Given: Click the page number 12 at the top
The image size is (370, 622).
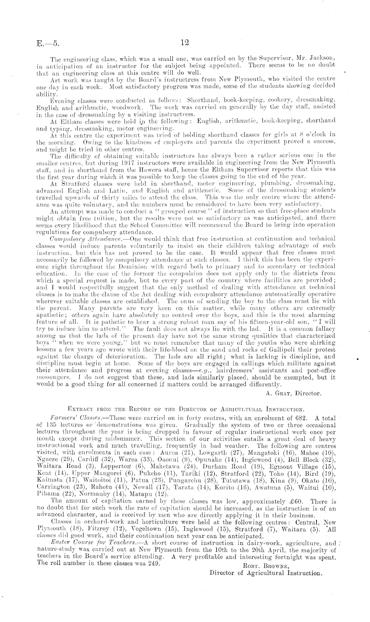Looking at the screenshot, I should pyautogui.click(x=184, y=43).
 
